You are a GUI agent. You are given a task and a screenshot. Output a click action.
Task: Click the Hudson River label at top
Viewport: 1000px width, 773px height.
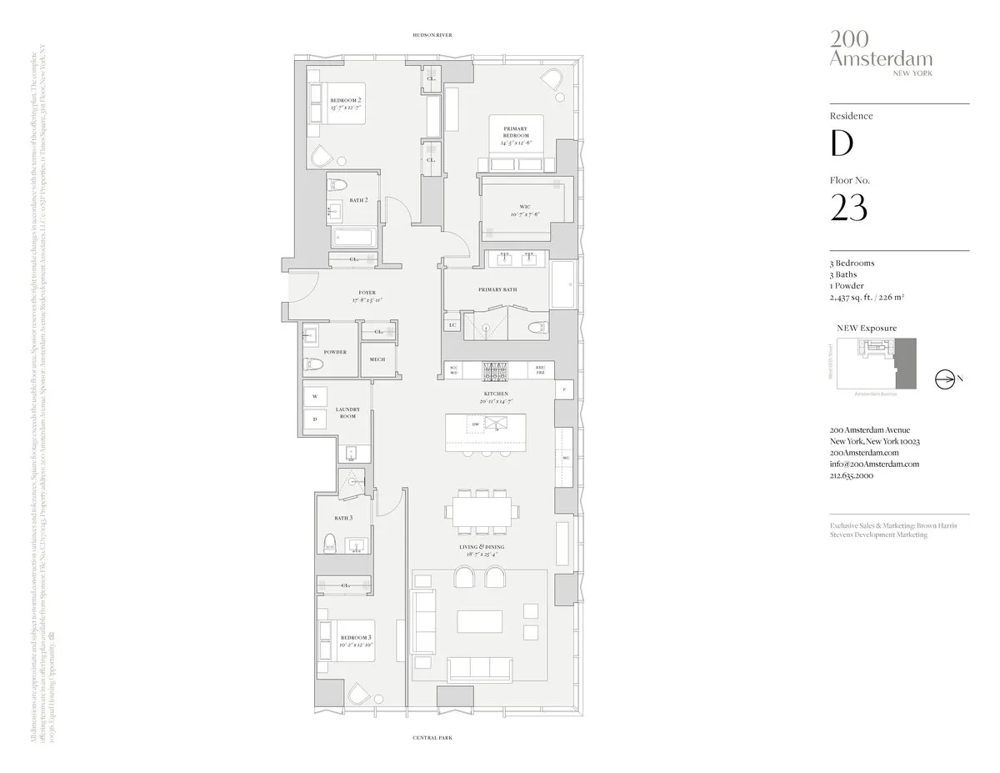pyautogui.click(x=432, y=35)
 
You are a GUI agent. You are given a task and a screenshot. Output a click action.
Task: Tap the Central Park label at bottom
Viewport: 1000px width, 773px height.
pyautogui.click(x=432, y=738)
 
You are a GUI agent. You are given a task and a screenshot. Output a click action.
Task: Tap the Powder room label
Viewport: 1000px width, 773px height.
pyautogui.click(x=335, y=352)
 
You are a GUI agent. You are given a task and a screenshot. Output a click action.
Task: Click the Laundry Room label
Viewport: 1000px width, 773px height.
pyautogui.click(x=347, y=412)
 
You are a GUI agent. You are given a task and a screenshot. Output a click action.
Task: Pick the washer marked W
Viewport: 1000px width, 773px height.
pyautogui.click(x=315, y=396)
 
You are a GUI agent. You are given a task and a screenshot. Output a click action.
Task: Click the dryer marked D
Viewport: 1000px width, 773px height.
pyautogui.click(x=315, y=419)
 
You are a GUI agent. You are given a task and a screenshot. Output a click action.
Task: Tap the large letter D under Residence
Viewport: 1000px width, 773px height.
pyautogui.click(x=842, y=143)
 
